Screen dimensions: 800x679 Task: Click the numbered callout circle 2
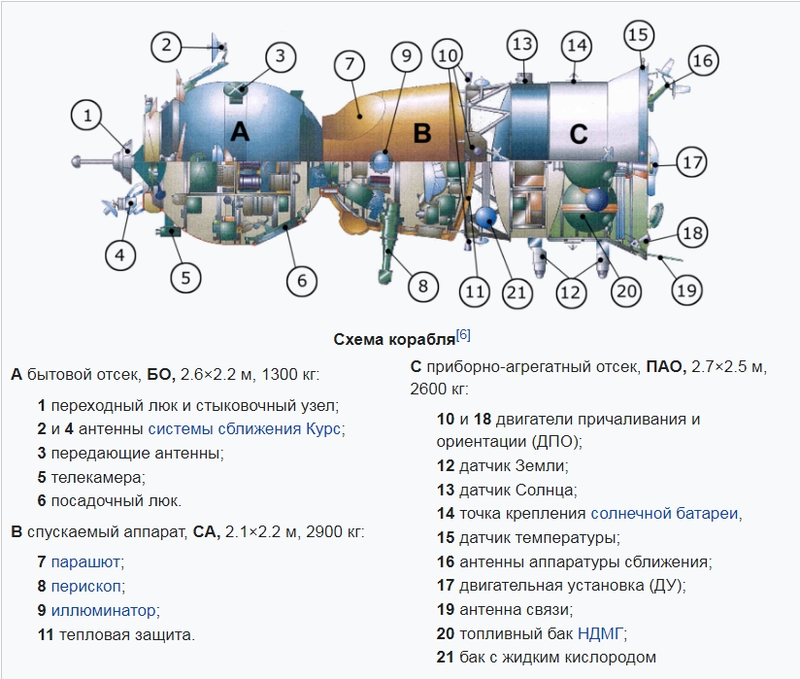(x=166, y=46)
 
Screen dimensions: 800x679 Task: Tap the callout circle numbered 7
(x=350, y=65)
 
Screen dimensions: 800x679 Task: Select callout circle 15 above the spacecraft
(x=639, y=35)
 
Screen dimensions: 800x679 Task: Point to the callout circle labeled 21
(x=517, y=293)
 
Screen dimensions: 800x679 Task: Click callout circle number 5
(x=185, y=278)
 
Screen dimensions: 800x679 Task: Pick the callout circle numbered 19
(x=686, y=290)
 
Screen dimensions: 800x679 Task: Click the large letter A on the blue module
(x=240, y=132)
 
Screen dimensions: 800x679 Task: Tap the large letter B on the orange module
(x=422, y=134)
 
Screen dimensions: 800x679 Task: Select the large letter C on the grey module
(x=578, y=134)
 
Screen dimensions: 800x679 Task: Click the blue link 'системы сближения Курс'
(x=244, y=428)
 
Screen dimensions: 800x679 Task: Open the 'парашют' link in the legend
(x=85, y=562)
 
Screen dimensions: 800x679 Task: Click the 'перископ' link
(x=85, y=586)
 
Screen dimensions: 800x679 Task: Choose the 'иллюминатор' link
(x=103, y=611)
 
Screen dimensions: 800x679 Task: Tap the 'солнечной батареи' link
(x=664, y=514)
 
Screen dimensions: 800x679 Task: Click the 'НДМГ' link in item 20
(x=600, y=633)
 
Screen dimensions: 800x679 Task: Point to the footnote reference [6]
(x=463, y=335)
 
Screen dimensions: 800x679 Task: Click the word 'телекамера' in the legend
(x=96, y=478)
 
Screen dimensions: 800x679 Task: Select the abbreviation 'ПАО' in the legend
(x=665, y=366)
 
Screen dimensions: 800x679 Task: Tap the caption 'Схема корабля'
(x=394, y=340)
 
